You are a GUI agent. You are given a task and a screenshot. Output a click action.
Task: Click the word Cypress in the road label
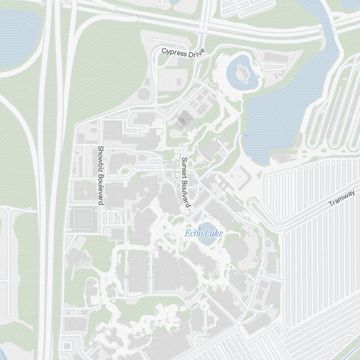tap(174, 52)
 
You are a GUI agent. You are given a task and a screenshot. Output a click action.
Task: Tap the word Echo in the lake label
tap(193, 234)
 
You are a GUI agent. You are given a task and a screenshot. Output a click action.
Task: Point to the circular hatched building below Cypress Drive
tap(143, 94)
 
